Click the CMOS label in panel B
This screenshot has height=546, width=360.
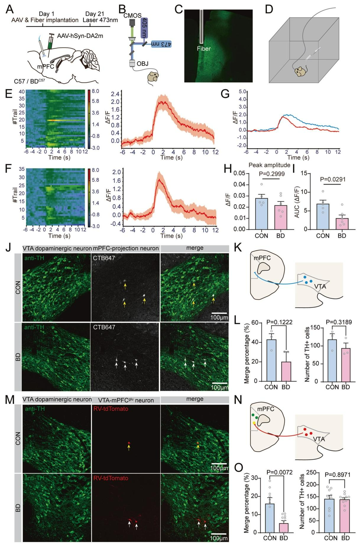[133, 15]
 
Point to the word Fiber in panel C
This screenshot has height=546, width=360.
[204, 49]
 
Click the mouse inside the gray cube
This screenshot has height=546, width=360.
[300, 71]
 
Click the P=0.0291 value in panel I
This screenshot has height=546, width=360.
[333, 179]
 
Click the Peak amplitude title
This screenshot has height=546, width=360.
[269, 165]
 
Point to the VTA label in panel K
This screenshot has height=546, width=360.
[320, 286]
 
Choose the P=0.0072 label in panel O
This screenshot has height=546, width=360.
[279, 472]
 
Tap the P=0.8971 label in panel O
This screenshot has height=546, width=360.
[338, 475]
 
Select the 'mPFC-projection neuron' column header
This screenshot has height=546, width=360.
[126, 248]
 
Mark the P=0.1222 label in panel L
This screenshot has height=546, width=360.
[279, 322]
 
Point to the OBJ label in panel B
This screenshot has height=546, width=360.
[142, 64]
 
